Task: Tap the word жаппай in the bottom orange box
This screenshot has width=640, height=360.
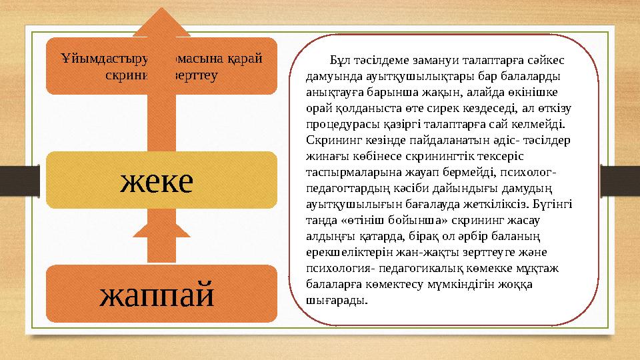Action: point(157,293)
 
